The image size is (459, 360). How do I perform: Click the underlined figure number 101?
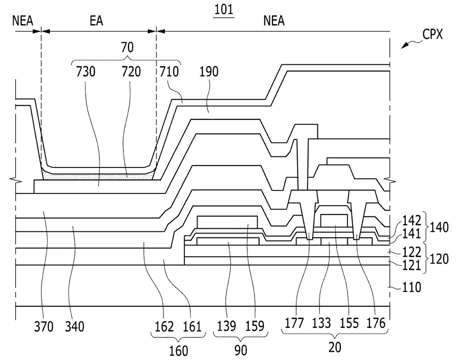[224, 10]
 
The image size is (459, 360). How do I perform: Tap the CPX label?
[432, 34]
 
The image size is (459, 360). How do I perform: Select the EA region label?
[96, 21]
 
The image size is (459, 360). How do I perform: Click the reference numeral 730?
[86, 71]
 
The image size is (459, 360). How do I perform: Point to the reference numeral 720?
[131, 71]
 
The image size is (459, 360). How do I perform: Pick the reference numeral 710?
[169, 71]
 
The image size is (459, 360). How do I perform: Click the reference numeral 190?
[209, 71]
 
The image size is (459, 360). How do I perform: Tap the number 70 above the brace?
[127, 47]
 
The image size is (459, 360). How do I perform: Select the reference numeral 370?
[44, 327]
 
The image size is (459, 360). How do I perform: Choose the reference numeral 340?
[74, 327]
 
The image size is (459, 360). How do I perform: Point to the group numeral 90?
[241, 350]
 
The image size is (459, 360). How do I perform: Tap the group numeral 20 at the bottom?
[335, 347]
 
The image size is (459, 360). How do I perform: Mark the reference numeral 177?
[294, 323]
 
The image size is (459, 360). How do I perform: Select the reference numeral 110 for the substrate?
[412, 287]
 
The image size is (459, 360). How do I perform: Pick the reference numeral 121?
[412, 265]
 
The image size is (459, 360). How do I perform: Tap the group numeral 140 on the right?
[439, 228]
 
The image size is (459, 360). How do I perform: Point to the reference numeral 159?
[255, 326]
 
